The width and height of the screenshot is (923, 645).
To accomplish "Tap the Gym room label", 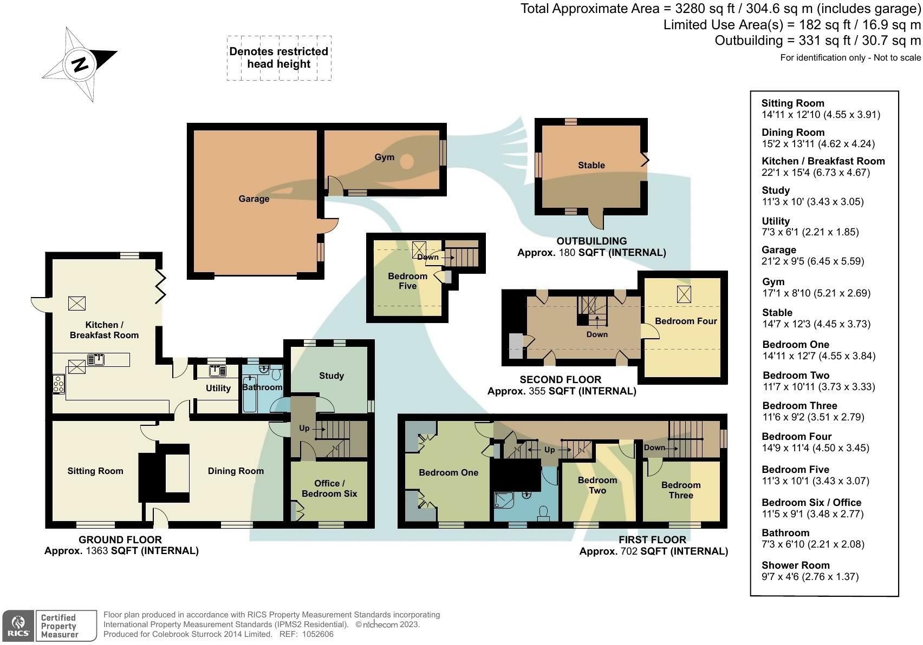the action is click(x=384, y=157).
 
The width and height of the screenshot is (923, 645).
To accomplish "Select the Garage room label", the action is click(x=253, y=199).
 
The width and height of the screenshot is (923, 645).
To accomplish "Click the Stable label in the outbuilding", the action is click(x=591, y=166).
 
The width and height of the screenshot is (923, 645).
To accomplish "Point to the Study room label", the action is click(x=331, y=376).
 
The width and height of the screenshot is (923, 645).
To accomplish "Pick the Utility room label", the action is click(x=218, y=389).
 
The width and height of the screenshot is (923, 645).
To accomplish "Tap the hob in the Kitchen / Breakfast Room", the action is click(x=58, y=384).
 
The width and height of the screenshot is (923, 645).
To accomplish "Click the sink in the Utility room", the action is click(x=218, y=371).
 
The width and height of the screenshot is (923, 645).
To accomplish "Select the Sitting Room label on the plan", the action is click(x=95, y=471).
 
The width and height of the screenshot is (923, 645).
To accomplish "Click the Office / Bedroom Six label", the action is click(x=329, y=489).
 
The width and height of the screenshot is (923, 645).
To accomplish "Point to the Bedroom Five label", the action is click(x=407, y=281).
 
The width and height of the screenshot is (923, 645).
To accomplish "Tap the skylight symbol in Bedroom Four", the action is click(x=684, y=294).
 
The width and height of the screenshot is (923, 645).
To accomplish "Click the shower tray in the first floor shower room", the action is click(x=504, y=501).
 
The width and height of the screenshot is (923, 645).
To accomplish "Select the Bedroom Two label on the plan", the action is click(x=597, y=485).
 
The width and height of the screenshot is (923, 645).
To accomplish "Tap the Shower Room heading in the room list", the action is click(x=795, y=565).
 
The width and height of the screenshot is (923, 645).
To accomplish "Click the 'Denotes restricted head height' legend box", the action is click(x=278, y=58).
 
